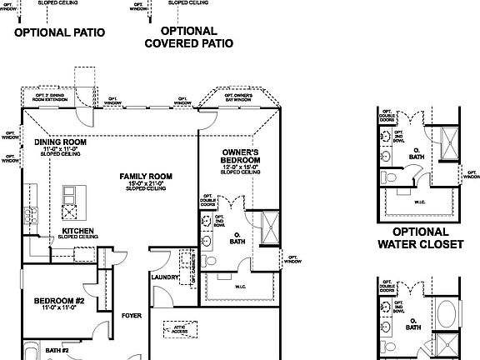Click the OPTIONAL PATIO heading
60,33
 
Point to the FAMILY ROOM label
146,177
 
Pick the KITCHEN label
77,231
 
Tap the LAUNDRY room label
165,277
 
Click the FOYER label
132,316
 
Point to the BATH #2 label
57,351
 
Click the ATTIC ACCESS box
179,331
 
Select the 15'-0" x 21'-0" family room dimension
146,184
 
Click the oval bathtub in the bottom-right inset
446,316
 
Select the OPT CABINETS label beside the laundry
192,268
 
